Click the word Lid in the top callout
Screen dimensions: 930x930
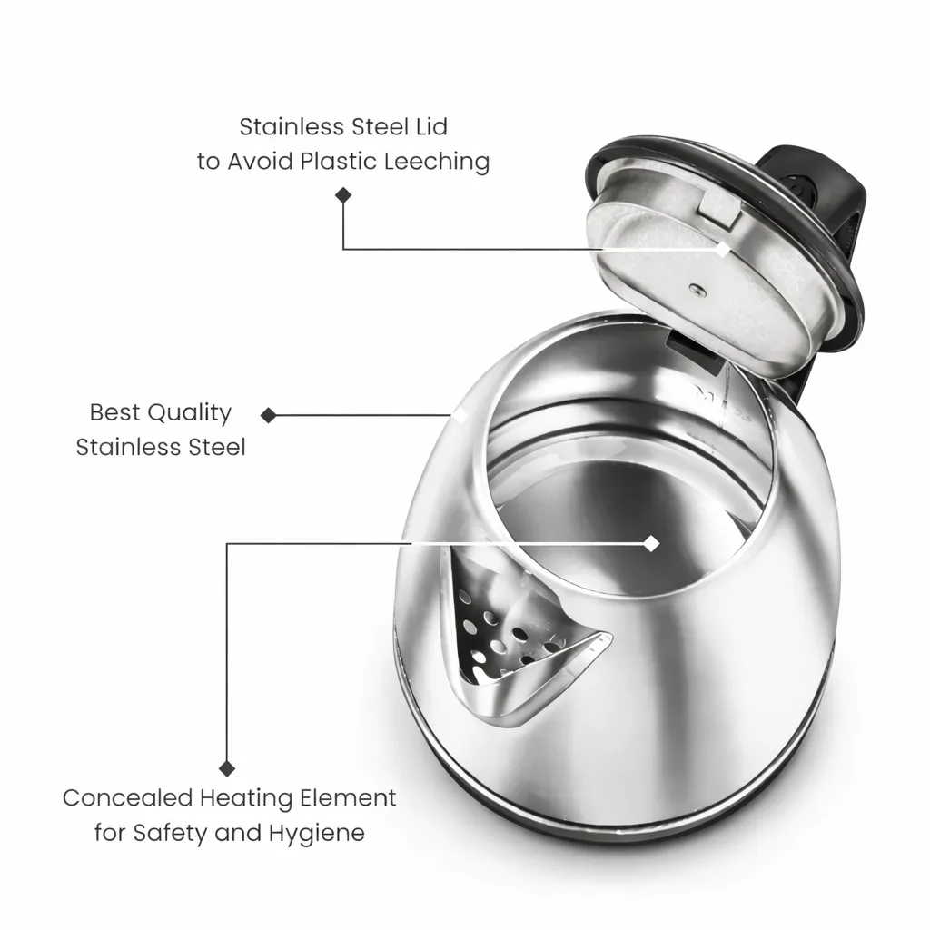click(x=430, y=126)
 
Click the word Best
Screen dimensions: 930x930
click(x=115, y=412)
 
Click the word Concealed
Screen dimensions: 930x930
click(x=127, y=797)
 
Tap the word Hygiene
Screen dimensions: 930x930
click(x=317, y=834)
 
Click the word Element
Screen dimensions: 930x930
click(x=348, y=797)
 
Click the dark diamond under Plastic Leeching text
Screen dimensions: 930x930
click(x=342, y=195)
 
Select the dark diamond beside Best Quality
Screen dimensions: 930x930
click(x=268, y=415)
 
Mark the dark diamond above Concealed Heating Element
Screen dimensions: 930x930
click(x=226, y=768)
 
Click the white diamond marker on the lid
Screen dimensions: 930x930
click(x=722, y=249)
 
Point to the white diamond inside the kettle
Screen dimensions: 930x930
click(x=651, y=543)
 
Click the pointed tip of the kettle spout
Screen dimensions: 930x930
click(x=611, y=635)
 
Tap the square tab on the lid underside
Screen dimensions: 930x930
click(x=719, y=209)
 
